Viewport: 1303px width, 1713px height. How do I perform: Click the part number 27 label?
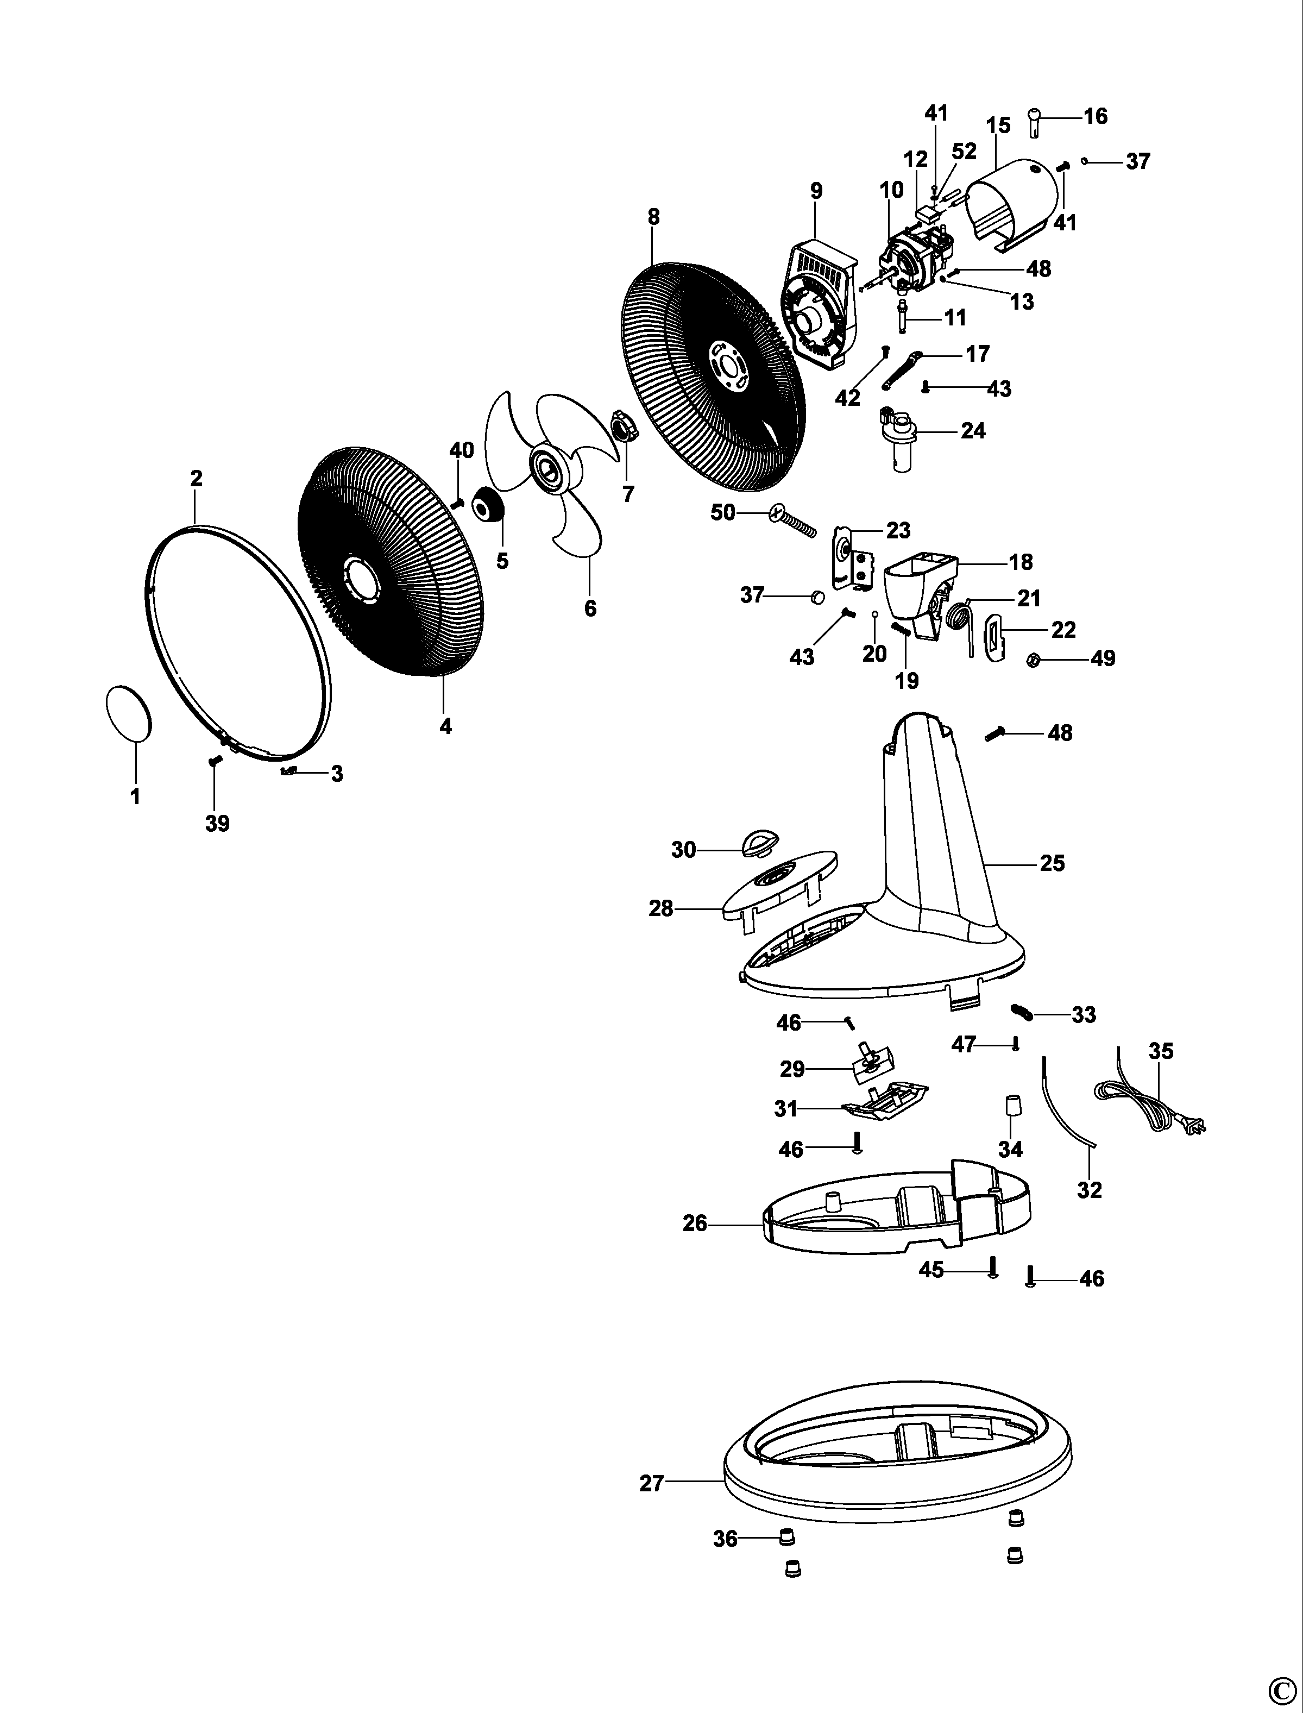pyautogui.click(x=652, y=1483)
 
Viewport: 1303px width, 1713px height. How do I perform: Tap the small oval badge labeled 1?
pyautogui.click(x=127, y=712)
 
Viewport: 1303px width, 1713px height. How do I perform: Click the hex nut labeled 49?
pyautogui.click(x=1033, y=660)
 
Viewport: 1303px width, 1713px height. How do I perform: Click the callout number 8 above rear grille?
pyautogui.click(x=653, y=217)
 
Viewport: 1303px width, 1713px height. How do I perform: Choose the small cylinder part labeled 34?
pyautogui.click(x=1011, y=1106)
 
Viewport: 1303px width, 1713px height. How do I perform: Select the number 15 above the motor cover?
pyautogui.click(x=998, y=125)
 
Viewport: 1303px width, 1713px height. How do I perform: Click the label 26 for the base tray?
pyautogui.click(x=695, y=1223)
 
